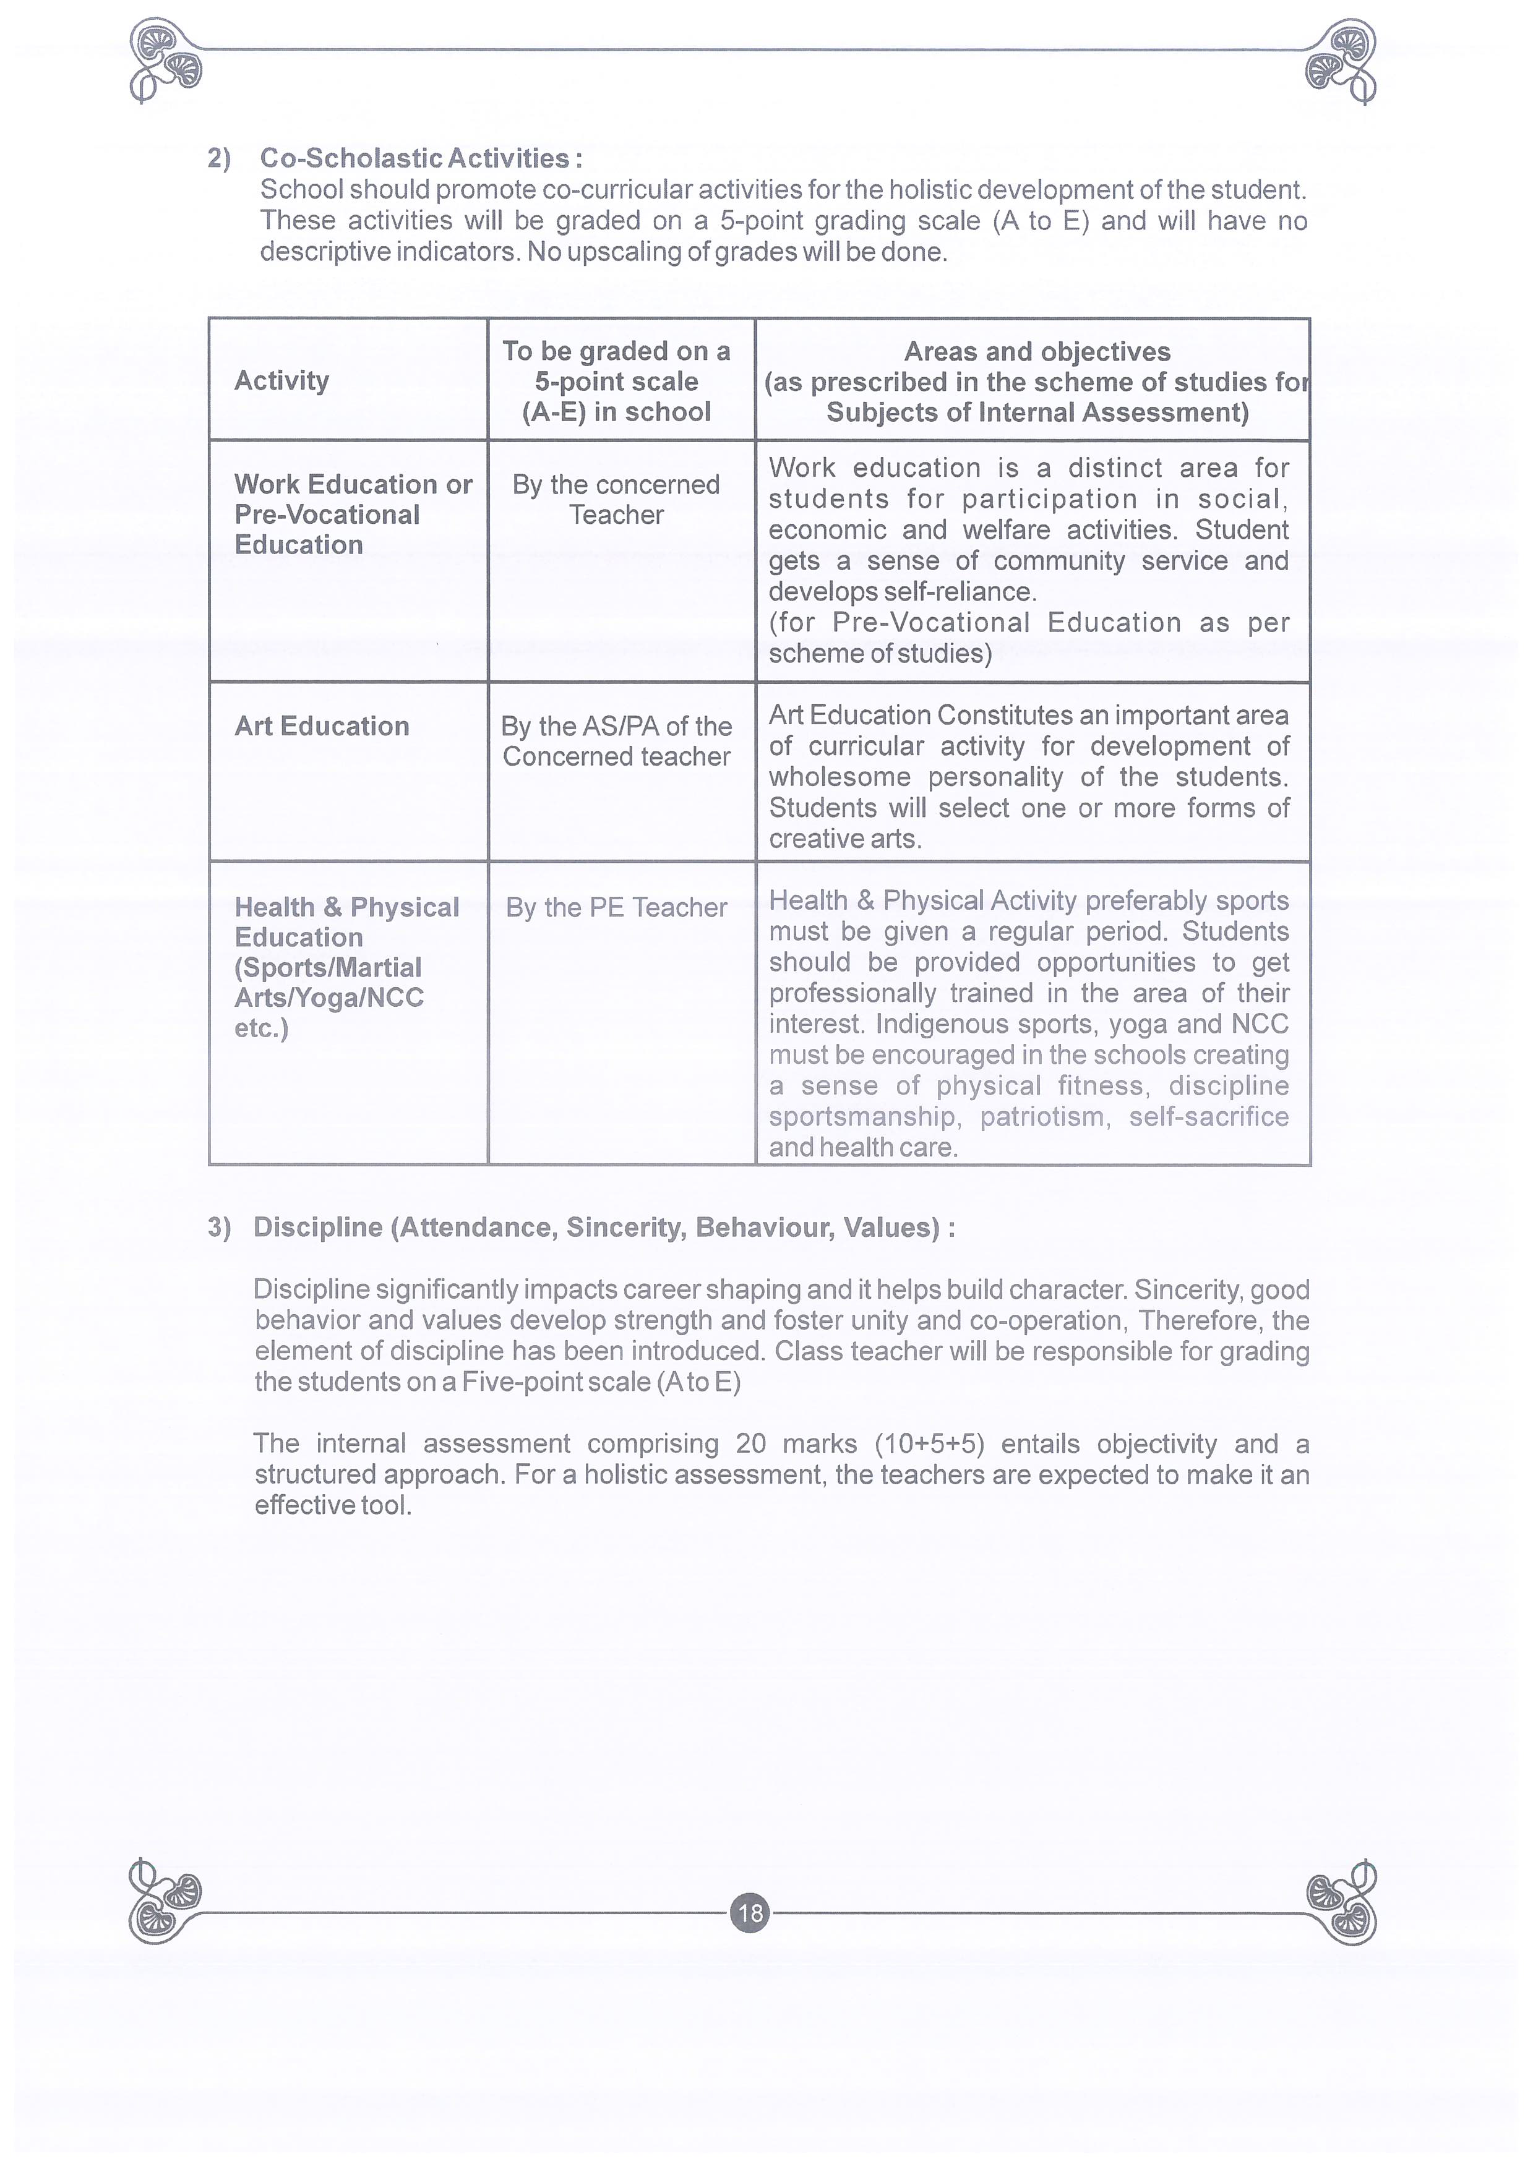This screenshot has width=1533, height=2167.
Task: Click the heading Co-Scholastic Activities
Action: point(420,158)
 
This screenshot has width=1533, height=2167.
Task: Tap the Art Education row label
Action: point(321,726)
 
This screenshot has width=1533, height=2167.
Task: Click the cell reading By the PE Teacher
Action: point(616,907)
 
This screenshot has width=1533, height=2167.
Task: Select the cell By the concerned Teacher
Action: point(616,499)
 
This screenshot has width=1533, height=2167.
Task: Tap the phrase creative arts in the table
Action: point(844,839)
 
